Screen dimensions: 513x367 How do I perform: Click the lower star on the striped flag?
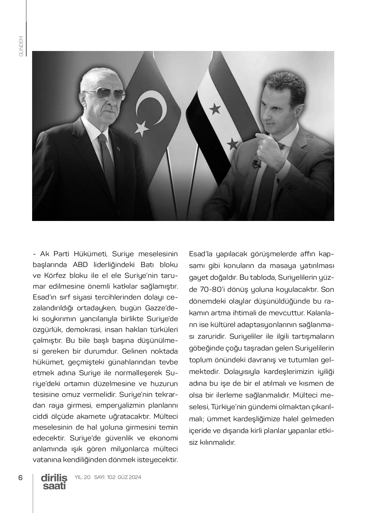point(232,143)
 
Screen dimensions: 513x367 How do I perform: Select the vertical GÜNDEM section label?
point(21,46)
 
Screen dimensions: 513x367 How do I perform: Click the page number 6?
point(20,477)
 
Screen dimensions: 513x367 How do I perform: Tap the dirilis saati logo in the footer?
point(54,481)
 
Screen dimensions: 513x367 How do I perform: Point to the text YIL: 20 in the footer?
point(82,477)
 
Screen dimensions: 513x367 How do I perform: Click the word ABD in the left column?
point(80,265)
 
